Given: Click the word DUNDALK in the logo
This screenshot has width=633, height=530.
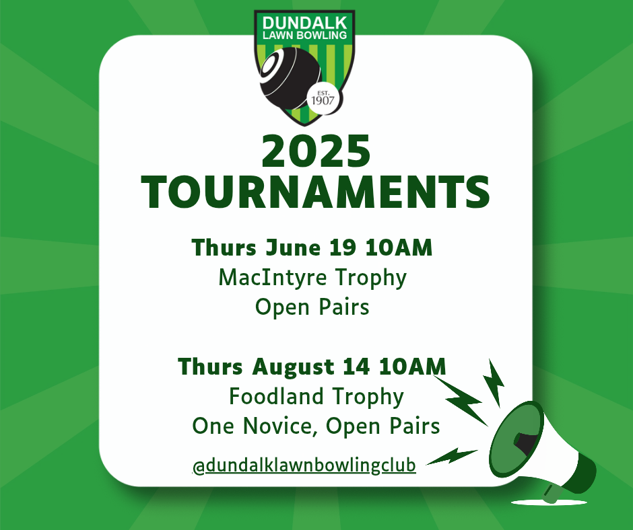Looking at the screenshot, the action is click(304, 23).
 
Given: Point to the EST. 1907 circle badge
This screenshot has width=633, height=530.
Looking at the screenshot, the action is click(323, 98).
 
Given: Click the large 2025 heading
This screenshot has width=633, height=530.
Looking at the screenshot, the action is click(316, 151).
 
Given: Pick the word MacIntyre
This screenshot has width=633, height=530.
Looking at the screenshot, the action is click(273, 278).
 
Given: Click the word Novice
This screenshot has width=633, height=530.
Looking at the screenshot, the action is click(279, 426).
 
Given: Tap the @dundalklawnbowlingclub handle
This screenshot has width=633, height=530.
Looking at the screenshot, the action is click(304, 465).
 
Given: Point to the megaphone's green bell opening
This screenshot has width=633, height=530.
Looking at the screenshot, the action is click(517, 439).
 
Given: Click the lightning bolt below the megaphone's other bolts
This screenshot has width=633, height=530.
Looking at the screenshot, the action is click(452, 456).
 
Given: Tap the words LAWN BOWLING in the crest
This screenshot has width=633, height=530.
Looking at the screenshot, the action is click(304, 36).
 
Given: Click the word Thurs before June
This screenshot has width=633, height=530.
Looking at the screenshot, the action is click(224, 248).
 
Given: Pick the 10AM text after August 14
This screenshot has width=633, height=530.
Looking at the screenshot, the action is click(413, 367).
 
